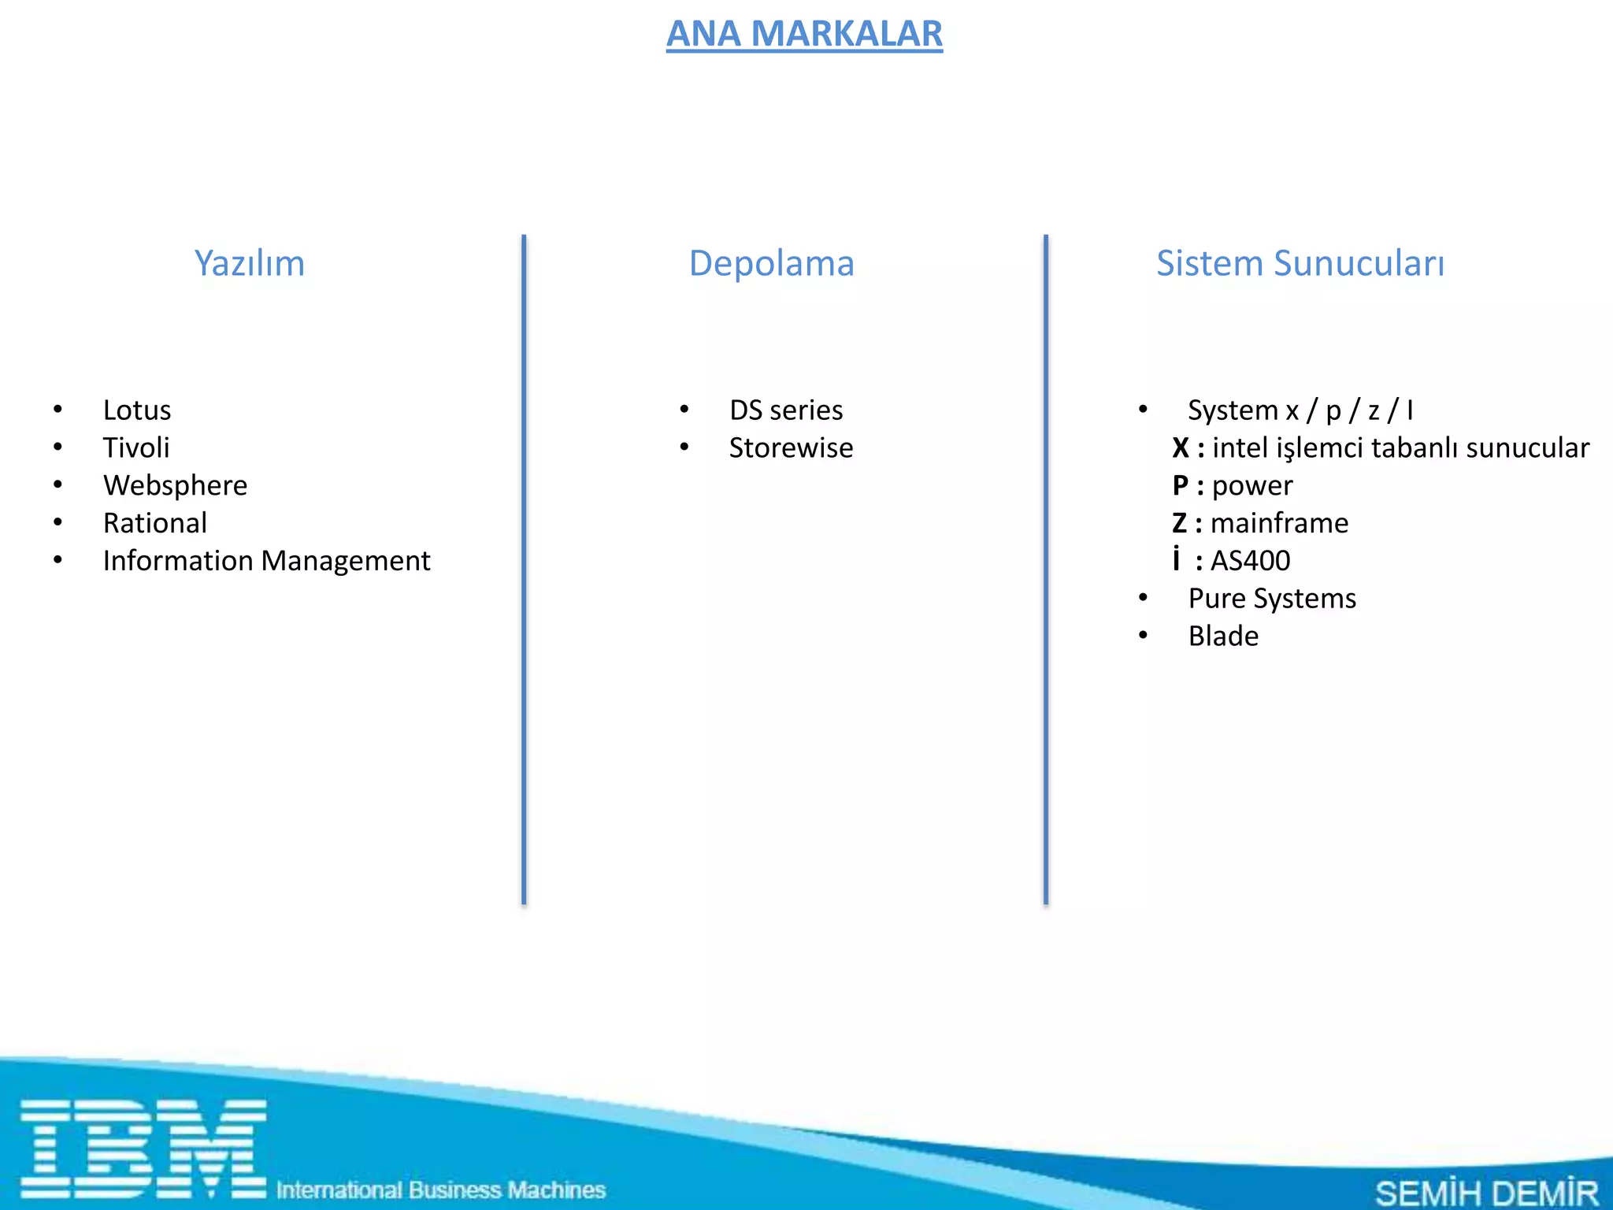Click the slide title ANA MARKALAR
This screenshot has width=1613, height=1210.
point(804,34)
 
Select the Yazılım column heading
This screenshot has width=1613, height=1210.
point(249,263)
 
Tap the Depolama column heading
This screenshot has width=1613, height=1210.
point(771,263)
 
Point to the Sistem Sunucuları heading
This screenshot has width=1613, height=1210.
point(1300,263)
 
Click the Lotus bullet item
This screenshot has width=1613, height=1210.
point(137,410)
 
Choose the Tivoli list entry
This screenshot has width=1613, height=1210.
point(136,448)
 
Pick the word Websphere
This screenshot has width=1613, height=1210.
point(175,486)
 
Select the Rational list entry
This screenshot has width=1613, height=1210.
point(155,523)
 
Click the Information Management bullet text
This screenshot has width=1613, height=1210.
point(266,561)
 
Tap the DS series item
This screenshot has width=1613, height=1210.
point(786,410)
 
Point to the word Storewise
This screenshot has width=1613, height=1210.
point(791,448)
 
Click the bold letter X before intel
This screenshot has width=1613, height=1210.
point(1180,448)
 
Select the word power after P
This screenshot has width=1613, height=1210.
point(1252,486)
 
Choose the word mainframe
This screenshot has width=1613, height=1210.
point(1279,523)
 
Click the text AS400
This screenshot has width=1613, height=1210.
point(1250,561)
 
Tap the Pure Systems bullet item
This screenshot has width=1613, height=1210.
point(1272,599)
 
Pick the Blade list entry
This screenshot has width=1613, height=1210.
point(1223,637)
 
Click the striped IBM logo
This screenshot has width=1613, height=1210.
point(143,1149)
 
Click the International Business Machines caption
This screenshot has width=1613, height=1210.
point(441,1190)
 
